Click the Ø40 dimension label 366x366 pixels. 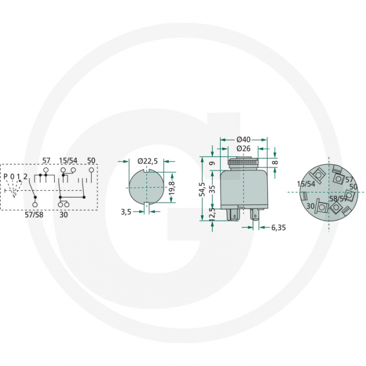pos(244,139)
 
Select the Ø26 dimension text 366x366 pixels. pos(244,148)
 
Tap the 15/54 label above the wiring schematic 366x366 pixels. pos(68,160)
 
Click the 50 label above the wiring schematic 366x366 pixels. pos(92,160)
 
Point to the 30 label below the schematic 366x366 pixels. pos(64,214)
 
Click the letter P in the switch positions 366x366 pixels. pos(6,176)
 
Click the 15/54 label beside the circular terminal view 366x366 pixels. pos(306,184)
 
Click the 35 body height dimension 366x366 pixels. pos(212,189)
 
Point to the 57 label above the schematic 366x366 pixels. pos(45,160)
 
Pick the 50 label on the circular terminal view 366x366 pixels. pos(353,187)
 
